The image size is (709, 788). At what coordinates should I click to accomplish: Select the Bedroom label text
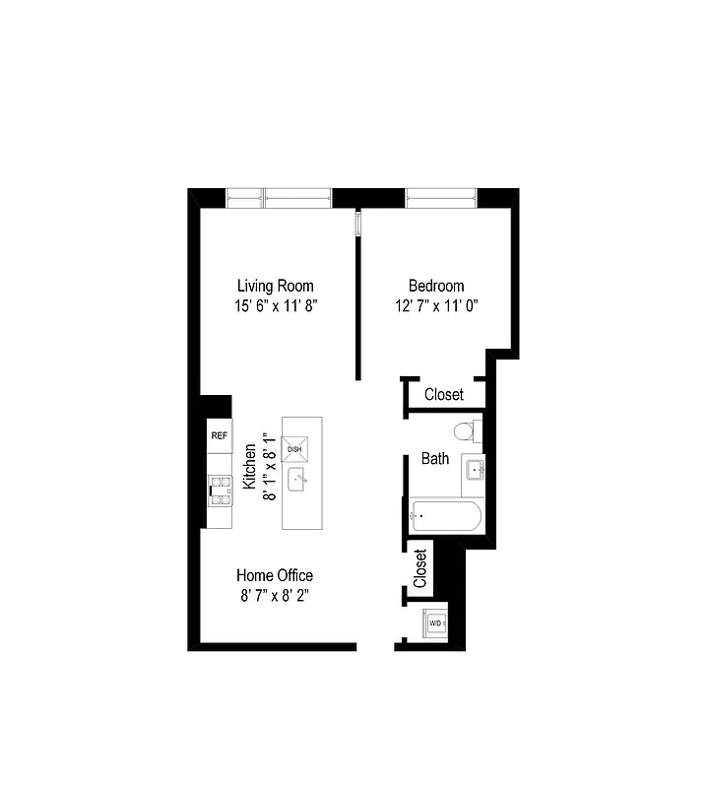436,286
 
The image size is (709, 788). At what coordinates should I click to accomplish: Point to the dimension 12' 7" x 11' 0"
436,306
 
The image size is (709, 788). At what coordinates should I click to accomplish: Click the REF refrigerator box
219,435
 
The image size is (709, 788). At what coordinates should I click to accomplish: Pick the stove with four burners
219,490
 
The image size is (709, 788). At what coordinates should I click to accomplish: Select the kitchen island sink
298,482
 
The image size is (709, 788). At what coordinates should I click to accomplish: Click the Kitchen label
250,467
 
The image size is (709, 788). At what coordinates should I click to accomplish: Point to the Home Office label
275,575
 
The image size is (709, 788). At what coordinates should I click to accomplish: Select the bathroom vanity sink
475,471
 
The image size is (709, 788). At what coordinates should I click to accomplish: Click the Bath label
435,458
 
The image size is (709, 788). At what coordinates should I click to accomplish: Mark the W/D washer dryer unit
435,624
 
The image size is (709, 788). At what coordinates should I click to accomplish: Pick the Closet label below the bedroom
444,394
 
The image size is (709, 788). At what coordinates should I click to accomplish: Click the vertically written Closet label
420,569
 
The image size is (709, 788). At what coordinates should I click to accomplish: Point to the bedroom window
441,199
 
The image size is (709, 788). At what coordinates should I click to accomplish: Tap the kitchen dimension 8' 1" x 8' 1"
268,467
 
